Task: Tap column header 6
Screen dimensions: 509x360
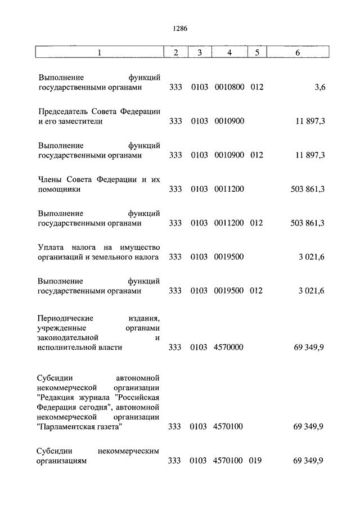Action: pyautogui.click(x=298, y=53)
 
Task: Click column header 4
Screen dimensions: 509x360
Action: pyautogui.click(x=229, y=53)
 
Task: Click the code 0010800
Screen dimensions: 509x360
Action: pyautogui.click(x=229, y=88)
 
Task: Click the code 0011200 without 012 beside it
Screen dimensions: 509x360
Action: pyautogui.click(x=229, y=190)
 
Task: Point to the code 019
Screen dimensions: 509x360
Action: pyautogui.click(x=256, y=461)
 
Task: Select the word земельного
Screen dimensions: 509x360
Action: pyautogui.click(x=115, y=257)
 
